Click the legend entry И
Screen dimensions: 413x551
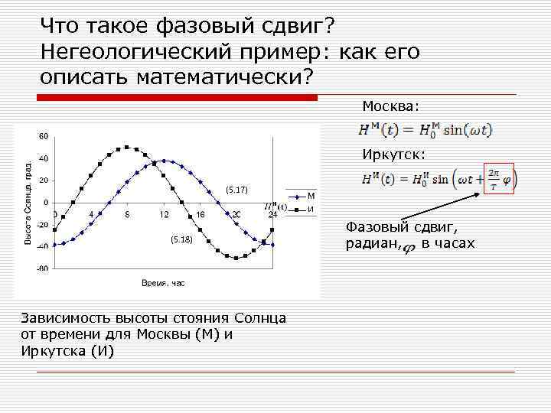[311, 210]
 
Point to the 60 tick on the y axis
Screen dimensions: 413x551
[44, 136]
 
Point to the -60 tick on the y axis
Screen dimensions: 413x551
[43, 269]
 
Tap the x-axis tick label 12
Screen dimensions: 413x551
[165, 214]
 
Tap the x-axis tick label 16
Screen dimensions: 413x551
[201, 214]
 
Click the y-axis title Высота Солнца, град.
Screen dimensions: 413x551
[28, 203]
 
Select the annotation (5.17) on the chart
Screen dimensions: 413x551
[236, 189]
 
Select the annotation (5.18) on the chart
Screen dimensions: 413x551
[181, 239]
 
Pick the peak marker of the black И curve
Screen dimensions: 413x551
[128, 148]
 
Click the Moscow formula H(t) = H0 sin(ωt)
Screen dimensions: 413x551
[425, 130]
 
